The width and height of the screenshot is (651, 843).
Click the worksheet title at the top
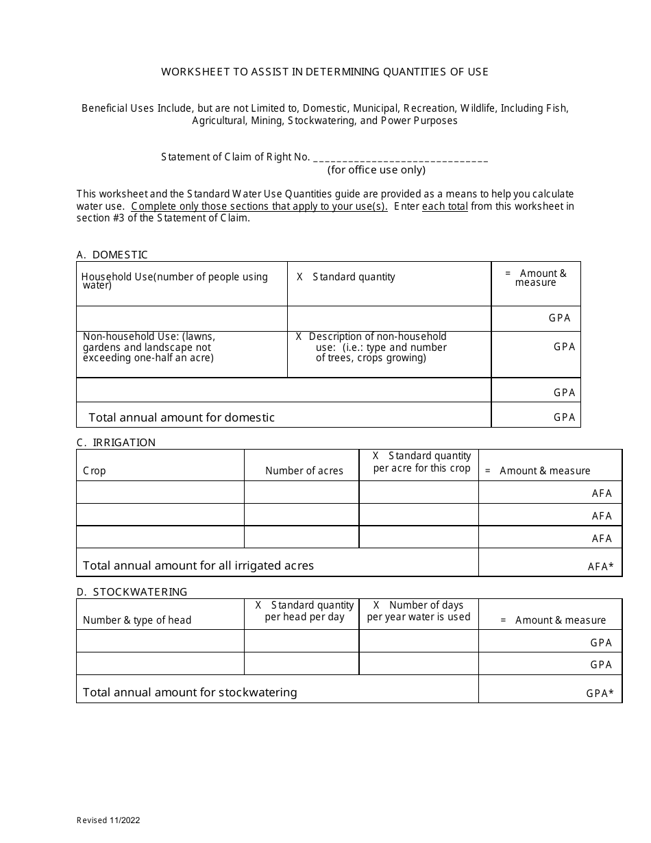pyautogui.click(x=325, y=72)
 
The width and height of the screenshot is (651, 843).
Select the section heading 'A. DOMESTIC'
pyautogui.click(x=112, y=255)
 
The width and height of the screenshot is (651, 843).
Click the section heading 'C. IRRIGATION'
pyautogui.click(x=116, y=443)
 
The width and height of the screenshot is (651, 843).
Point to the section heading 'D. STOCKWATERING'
pyautogui.click(x=132, y=592)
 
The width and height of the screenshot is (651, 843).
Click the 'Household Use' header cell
pyautogui.click(x=174, y=281)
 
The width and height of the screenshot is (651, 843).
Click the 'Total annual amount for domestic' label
pyautogui.click(x=182, y=417)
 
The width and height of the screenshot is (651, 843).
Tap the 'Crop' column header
pyautogui.click(x=95, y=471)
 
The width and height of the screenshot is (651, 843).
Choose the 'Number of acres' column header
pyautogui.click(x=304, y=471)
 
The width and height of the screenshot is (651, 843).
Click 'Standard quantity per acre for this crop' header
pyautogui.click(x=422, y=462)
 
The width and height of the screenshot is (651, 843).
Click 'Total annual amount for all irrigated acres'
pyautogui.click(x=198, y=565)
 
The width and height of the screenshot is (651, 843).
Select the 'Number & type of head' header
pyautogui.click(x=137, y=620)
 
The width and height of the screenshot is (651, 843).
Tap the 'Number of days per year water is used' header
pyautogui.click(x=419, y=611)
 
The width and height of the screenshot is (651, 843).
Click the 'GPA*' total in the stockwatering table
pyautogui.click(x=600, y=694)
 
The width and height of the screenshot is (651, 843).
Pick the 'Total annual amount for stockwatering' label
pyautogui.click(x=190, y=692)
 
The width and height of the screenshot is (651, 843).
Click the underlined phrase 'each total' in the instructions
pyautogui.click(x=445, y=206)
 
